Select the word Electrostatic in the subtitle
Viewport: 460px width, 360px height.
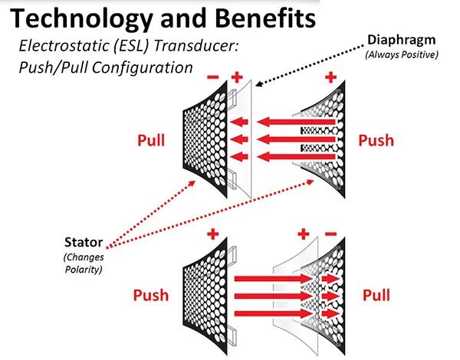point(66,46)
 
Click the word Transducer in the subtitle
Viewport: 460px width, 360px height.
point(202,46)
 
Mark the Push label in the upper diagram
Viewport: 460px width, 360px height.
point(376,140)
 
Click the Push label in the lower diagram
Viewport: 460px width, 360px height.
point(151,295)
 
